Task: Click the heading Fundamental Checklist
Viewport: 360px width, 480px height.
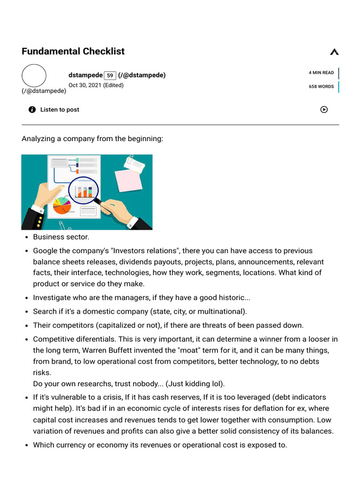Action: coord(73,51)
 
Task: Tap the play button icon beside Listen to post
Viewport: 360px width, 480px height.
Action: coord(324,110)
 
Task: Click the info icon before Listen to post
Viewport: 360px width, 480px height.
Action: coord(32,110)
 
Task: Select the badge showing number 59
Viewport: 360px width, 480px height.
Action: coord(110,75)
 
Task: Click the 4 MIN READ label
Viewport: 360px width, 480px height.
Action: coord(321,73)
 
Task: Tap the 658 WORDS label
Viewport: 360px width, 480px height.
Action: coord(321,87)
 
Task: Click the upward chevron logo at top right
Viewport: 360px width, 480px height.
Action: coord(334,52)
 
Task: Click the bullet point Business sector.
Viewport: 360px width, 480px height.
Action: coord(61,237)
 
